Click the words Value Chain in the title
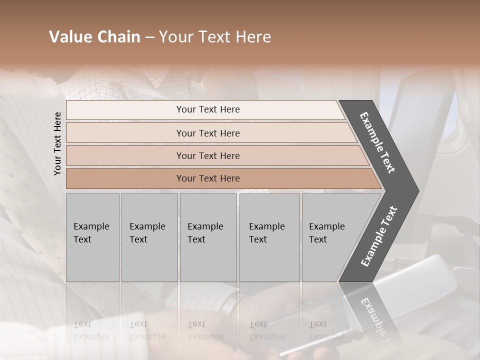pos(94,37)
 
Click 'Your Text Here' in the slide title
pos(215,37)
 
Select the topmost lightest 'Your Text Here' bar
pos(207,109)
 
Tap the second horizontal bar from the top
pos(207,133)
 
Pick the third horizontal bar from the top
pos(207,155)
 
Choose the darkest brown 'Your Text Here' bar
pos(207,178)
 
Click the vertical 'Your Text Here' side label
pos(57,143)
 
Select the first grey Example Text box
pos(92,237)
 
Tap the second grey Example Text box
pos(149,237)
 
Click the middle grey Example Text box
pos(207,237)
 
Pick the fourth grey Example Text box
pos(269,237)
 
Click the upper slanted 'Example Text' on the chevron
pos(377,142)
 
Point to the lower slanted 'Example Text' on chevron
pos(378,236)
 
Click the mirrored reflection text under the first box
pos(91,330)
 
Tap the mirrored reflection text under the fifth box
pos(327,330)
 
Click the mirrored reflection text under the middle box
pos(205,330)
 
